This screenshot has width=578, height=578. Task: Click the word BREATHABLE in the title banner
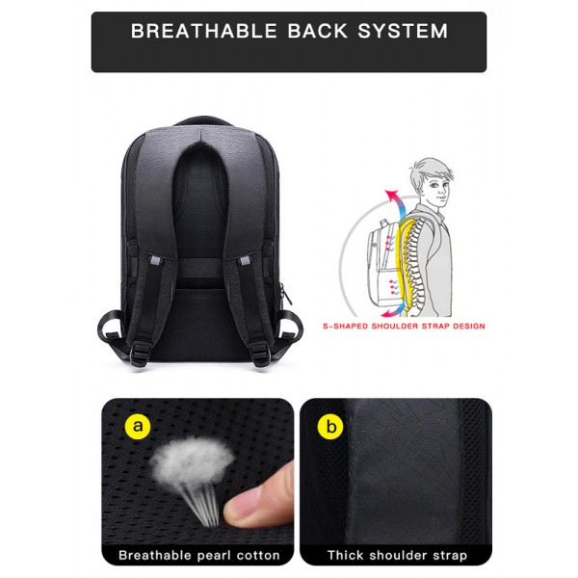coord(204,31)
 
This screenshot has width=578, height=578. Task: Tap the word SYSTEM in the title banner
coord(403,31)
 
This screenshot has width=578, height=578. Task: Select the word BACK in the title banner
coord(317,31)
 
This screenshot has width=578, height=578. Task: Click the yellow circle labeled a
coord(138,427)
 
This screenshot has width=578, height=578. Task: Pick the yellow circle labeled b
coord(330,427)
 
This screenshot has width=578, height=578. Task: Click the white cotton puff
coord(192,460)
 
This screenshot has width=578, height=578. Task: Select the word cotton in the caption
coord(258,555)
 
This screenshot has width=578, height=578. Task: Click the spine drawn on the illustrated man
coord(413,267)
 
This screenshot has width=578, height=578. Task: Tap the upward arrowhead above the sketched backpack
coord(391,195)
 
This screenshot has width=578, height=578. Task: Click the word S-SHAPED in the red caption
coord(346,327)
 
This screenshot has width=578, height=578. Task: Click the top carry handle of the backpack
coord(202,121)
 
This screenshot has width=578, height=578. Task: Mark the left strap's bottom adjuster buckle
coord(142,352)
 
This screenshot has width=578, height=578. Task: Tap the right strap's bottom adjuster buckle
coord(261,352)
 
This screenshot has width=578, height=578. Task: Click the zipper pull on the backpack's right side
coord(285,294)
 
